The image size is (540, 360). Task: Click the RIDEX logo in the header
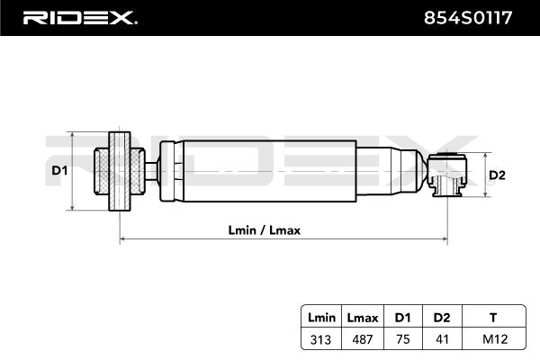click(x=79, y=17)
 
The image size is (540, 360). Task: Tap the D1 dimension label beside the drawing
click(x=58, y=170)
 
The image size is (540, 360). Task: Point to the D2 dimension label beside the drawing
click(x=496, y=175)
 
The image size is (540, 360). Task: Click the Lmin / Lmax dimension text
click(x=264, y=229)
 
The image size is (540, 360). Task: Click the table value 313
click(x=321, y=338)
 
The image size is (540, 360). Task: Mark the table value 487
click(x=361, y=338)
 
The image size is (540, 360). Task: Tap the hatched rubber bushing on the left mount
click(x=105, y=170)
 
